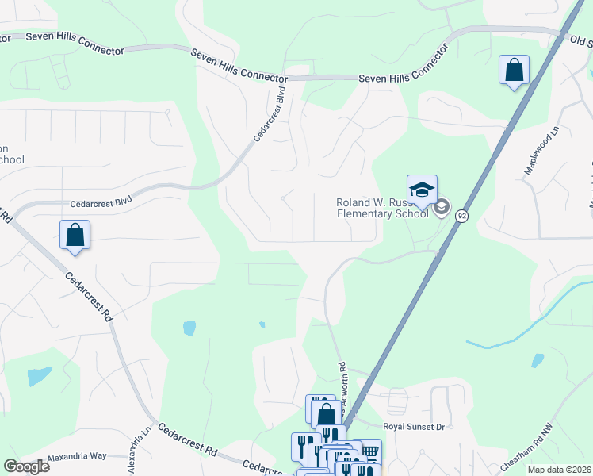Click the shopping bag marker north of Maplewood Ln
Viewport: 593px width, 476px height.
514,70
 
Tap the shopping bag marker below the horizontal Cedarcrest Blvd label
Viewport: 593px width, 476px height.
75,236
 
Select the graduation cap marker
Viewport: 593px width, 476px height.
422,190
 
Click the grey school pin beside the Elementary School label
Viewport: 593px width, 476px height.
442,208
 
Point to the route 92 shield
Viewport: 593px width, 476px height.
461,215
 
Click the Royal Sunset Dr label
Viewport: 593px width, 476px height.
414,427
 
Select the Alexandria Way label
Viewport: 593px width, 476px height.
76,456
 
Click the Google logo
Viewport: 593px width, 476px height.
26,466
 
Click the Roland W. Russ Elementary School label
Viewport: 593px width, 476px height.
382,208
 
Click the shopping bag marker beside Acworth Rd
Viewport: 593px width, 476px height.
326,414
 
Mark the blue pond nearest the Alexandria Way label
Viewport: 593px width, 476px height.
40,376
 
